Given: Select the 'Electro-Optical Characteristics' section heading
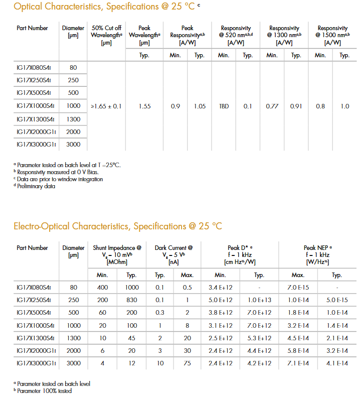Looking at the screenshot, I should pyautogui.click(x=117, y=226).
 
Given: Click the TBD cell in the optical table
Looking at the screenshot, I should pyautogui.click(x=224, y=106).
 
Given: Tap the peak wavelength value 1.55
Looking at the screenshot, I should pyautogui.click(x=145, y=106).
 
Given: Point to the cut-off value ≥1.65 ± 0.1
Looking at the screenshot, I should pyautogui.click(x=106, y=106).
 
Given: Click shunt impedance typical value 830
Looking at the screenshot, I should pyautogui.click(x=132, y=300).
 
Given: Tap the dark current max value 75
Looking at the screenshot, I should pyautogui.click(x=188, y=363).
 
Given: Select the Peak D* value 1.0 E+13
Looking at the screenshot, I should pyautogui.click(x=259, y=300).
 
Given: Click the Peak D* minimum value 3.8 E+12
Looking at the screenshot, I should pyautogui.click(x=221, y=313).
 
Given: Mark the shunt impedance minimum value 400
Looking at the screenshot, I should pyautogui.click(x=103, y=288).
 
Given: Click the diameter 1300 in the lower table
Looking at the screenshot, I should pyautogui.click(x=74, y=338).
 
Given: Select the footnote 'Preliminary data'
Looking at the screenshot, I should pyautogui.click(x=36, y=186).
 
